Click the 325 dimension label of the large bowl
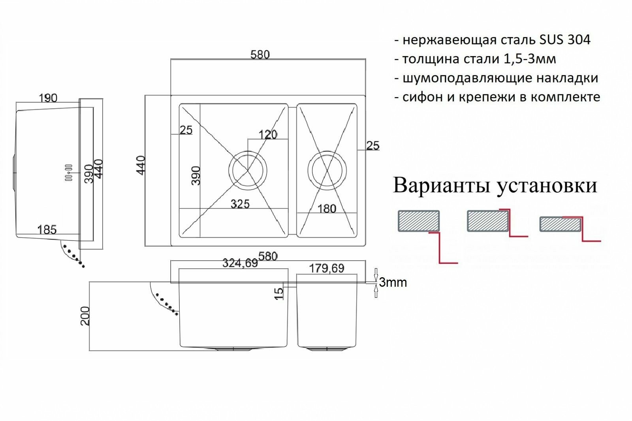click(x=240, y=204)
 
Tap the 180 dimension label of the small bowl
click(x=327, y=209)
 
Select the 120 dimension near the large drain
click(x=267, y=135)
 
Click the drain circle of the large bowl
click(x=248, y=171)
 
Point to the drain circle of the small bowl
click(x=327, y=171)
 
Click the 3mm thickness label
click(x=393, y=282)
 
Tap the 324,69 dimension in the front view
click(x=240, y=263)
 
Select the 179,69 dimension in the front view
click(x=326, y=268)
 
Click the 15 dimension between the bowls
click(x=279, y=293)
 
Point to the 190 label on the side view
click(x=48, y=98)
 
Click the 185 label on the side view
click(x=47, y=229)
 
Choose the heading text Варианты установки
click(x=495, y=186)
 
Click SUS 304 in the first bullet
click(x=565, y=39)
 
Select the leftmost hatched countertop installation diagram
click(x=418, y=221)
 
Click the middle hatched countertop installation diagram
click(x=488, y=221)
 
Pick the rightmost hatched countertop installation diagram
click(x=560, y=224)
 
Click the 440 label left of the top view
click(x=141, y=165)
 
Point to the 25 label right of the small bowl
click(x=372, y=145)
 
